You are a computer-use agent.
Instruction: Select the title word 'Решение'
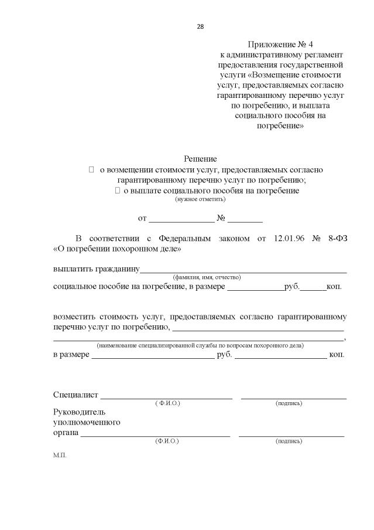point(200,159)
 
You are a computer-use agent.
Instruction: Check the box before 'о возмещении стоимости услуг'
point(91,169)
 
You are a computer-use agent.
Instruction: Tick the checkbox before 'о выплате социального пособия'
point(117,191)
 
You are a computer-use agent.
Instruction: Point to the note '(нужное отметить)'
point(200,199)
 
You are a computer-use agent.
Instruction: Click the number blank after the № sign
point(245,221)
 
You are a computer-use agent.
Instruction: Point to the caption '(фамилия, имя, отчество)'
point(207,277)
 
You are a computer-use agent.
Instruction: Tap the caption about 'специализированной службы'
point(200,345)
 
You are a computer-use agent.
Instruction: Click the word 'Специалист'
point(76,395)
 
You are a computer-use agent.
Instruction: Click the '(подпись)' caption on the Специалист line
point(289,403)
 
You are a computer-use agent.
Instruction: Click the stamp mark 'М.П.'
point(60,455)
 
